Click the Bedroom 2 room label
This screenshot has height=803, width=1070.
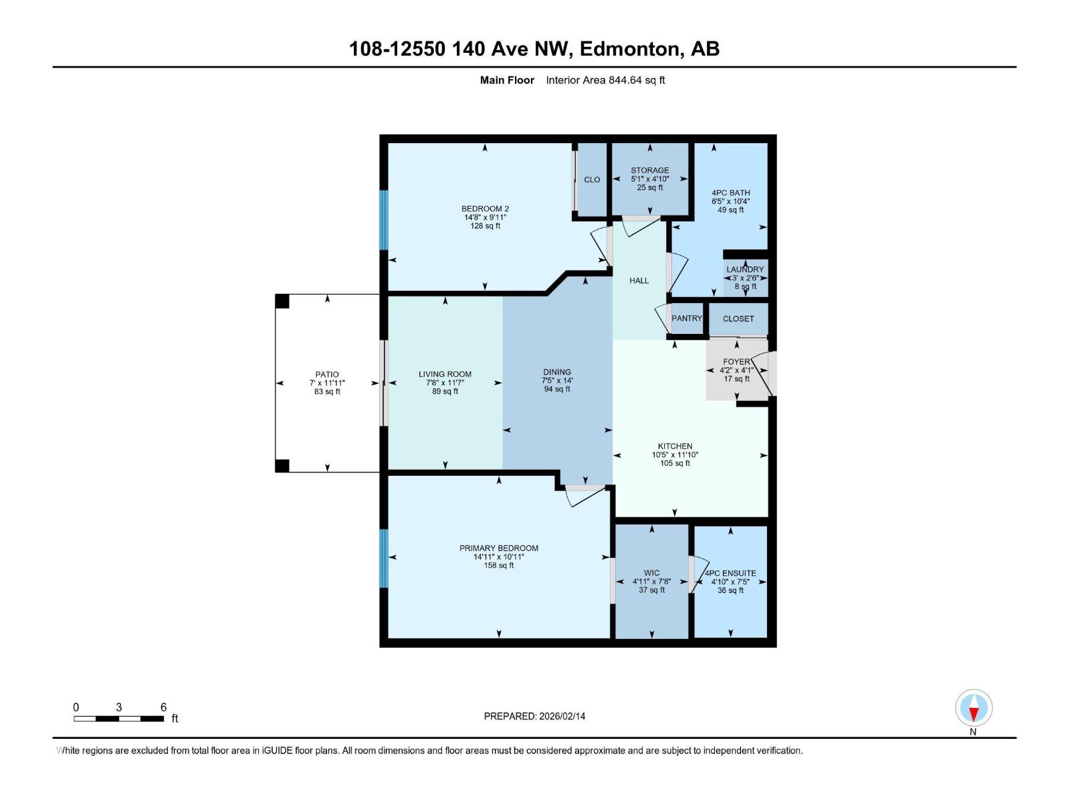tap(485, 209)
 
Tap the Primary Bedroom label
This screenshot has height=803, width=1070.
tap(498, 548)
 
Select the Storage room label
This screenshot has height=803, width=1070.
tap(649, 171)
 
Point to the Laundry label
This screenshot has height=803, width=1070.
tap(745, 270)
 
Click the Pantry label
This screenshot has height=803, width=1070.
tap(687, 319)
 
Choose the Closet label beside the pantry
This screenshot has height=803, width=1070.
tap(738, 319)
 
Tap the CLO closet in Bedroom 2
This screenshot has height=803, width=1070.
tap(592, 180)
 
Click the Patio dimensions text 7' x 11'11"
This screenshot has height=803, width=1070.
tap(327, 383)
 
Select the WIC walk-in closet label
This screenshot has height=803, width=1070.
tap(651, 573)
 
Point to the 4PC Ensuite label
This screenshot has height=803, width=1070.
tap(730, 573)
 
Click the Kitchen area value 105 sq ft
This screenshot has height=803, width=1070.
tap(675, 463)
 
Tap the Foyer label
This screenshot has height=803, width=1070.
tap(736, 362)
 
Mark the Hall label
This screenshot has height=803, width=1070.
tap(639, 281)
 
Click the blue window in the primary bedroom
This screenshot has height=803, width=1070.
tap(384, 558)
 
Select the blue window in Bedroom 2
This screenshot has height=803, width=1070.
tap(384, 219)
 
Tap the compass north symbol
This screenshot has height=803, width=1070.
tap(974, 708)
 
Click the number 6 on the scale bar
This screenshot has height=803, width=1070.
tap(163, 707)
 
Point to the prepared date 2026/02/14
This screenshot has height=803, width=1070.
tap(561, 716)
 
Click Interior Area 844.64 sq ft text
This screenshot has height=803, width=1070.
tap(605, 80)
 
